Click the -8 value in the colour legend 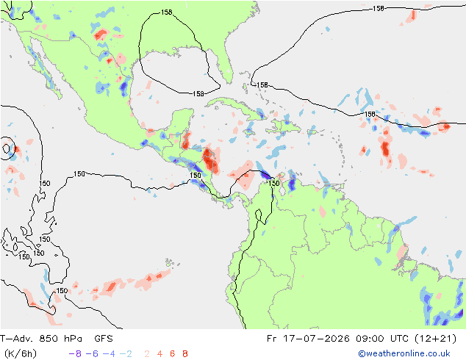coord(75,354)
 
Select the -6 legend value coord(92,354)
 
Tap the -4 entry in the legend coord(109,354)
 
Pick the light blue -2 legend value coord(126,354)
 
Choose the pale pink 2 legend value coord(147,354)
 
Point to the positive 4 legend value coord(159,354)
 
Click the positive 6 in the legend coord(173,354)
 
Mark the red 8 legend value coord(184,354)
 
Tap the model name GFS coord(104,339)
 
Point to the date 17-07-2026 coord(316,339)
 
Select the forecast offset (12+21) coord(435,339)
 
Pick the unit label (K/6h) coord(21,354)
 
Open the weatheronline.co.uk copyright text coord(404,353)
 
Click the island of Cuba coord(234,107)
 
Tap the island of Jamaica coord(249,132)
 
